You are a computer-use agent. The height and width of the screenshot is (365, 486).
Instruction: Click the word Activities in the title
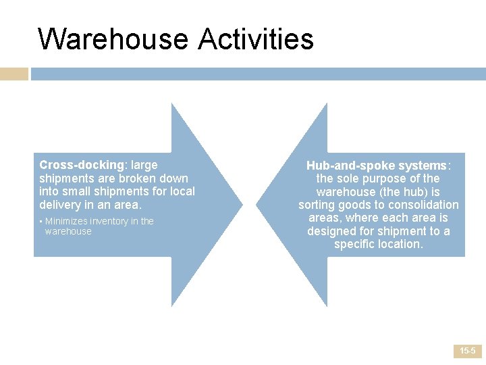coord(256,39)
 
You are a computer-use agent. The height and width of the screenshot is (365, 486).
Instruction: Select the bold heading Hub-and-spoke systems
coord(377,166)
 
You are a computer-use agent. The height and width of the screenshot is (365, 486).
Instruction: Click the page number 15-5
coord(467,351)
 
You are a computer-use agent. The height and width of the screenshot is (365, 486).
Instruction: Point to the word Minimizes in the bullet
coord(65,221)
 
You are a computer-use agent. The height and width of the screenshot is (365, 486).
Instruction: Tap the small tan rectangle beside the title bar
coord(13,74)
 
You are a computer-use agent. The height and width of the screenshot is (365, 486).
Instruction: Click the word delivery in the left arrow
coord(60,204)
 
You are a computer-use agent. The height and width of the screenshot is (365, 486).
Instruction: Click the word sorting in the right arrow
coord(318,205)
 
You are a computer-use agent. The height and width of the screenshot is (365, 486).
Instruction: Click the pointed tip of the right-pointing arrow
coord(242,204)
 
